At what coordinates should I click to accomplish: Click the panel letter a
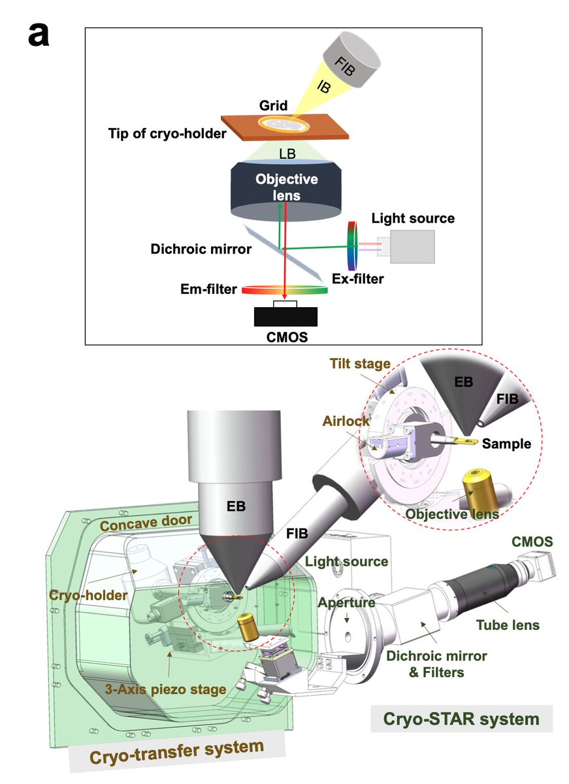tap(39, 35)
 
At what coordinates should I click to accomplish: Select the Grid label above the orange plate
tap(273, 105)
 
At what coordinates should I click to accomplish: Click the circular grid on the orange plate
tap(284, 124)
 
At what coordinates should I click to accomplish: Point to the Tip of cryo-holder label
tap(167, 133)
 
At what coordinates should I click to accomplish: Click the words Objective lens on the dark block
tap(287, 188)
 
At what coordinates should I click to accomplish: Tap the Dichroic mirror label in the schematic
tap(201, 249)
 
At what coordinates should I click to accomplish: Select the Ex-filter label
tap(357, 278)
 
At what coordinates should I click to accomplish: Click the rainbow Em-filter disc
tap(285, 289)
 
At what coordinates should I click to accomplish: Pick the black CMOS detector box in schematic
tap(285, 316)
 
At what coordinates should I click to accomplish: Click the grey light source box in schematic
tap(412, 246)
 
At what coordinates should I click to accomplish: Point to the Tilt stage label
tap(360, 364)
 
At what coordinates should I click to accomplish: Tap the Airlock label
tap(346, 421)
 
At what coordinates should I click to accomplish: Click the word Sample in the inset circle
tap(506, 444)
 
